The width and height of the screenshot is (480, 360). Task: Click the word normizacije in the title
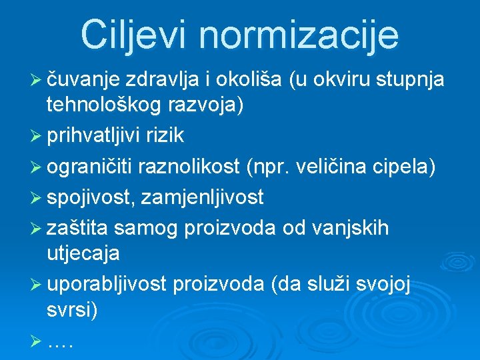303,35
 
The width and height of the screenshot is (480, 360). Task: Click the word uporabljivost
107,285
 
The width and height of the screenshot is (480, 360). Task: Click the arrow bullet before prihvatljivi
37,136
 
